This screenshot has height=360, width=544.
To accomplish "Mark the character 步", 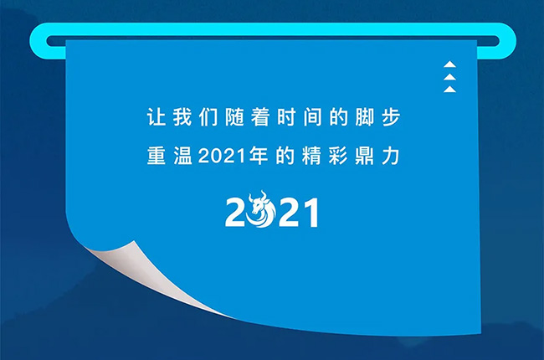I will tap(398, 118).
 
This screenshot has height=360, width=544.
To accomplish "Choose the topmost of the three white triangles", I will tap(450, 64).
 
